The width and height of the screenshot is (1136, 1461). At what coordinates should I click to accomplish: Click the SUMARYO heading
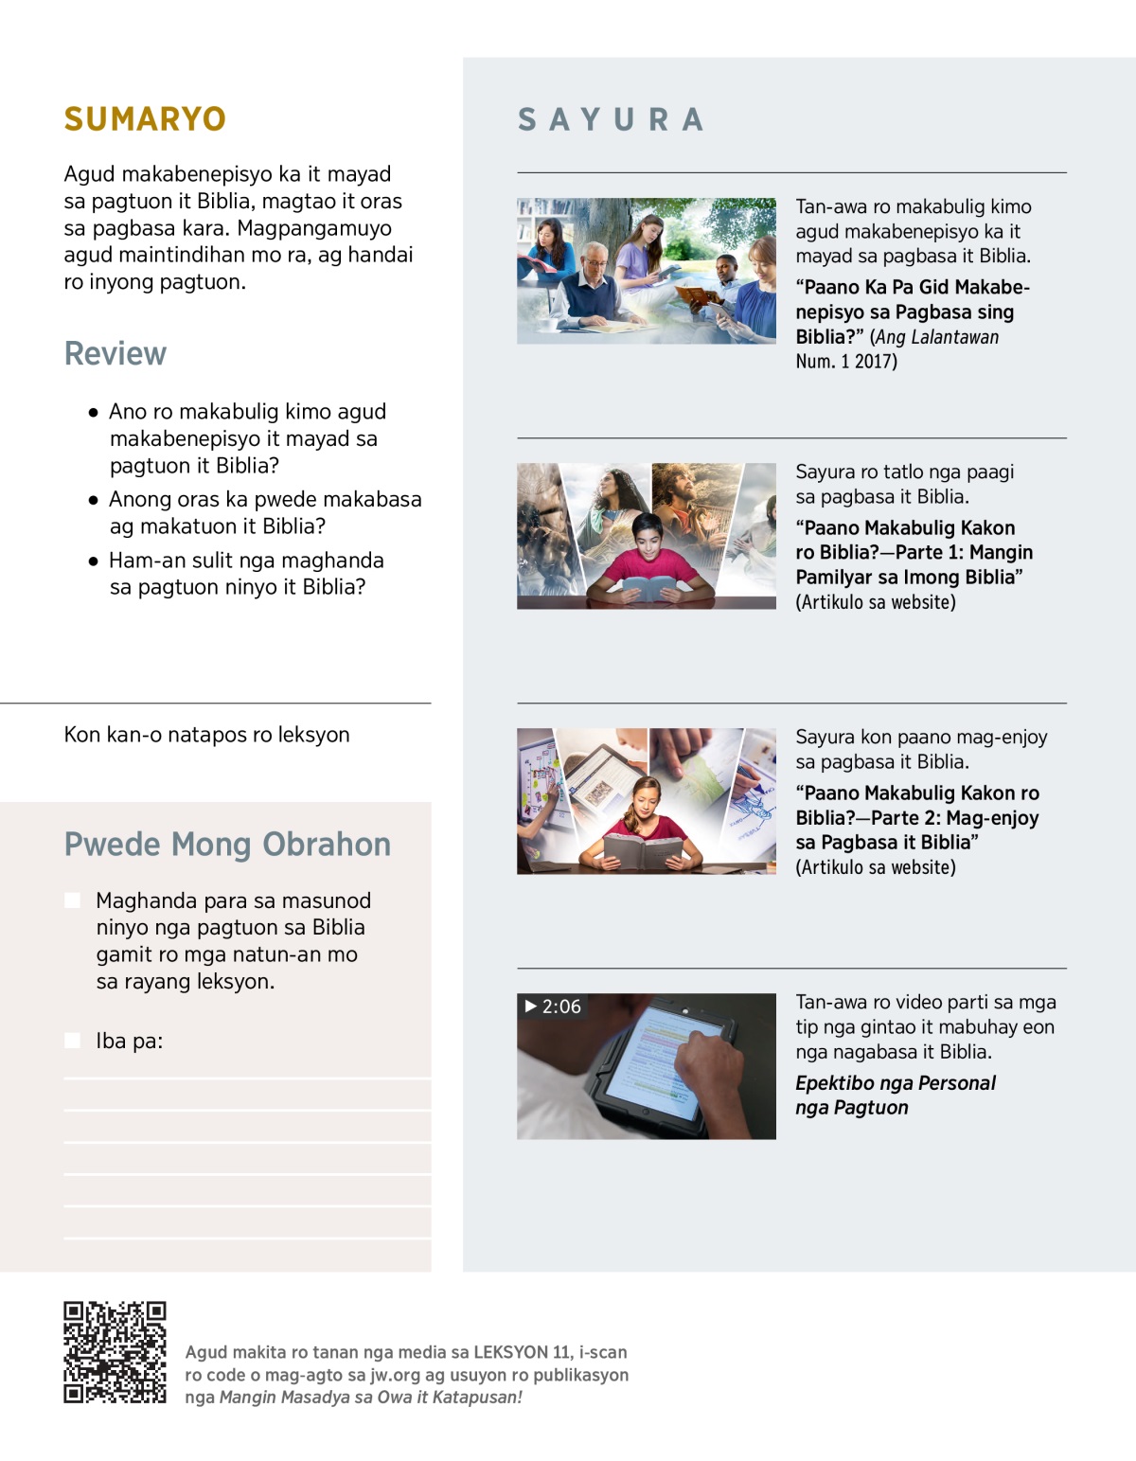point(145,119)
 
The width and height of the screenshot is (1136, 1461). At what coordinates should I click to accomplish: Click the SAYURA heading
point(611,120)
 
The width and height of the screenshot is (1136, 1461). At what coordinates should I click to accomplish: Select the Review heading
point(115,353)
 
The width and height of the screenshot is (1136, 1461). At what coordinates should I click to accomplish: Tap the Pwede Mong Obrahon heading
point(227,844)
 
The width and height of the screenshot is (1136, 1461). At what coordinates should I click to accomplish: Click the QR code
point(115,1351)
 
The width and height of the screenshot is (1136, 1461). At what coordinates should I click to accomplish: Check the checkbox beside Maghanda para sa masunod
point(73,900)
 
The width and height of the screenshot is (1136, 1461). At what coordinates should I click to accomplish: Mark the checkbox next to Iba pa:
point(73,1041)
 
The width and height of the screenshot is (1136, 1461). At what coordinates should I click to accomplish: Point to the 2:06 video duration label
point(553,1007)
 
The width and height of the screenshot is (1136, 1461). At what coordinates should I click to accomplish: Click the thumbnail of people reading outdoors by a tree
point(646,271)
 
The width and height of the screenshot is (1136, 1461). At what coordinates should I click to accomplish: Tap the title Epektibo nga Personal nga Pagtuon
point(895,1095)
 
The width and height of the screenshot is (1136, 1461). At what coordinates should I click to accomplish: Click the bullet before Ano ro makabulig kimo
point(93,413)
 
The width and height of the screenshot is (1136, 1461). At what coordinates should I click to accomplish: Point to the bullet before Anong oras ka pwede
point(93,500)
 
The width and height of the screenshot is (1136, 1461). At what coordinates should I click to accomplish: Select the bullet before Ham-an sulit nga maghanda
point(93,561)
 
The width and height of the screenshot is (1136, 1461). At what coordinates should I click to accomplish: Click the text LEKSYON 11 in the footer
point(523,1352)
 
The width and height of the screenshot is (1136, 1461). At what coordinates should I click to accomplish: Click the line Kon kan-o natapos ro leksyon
point(206,735)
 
